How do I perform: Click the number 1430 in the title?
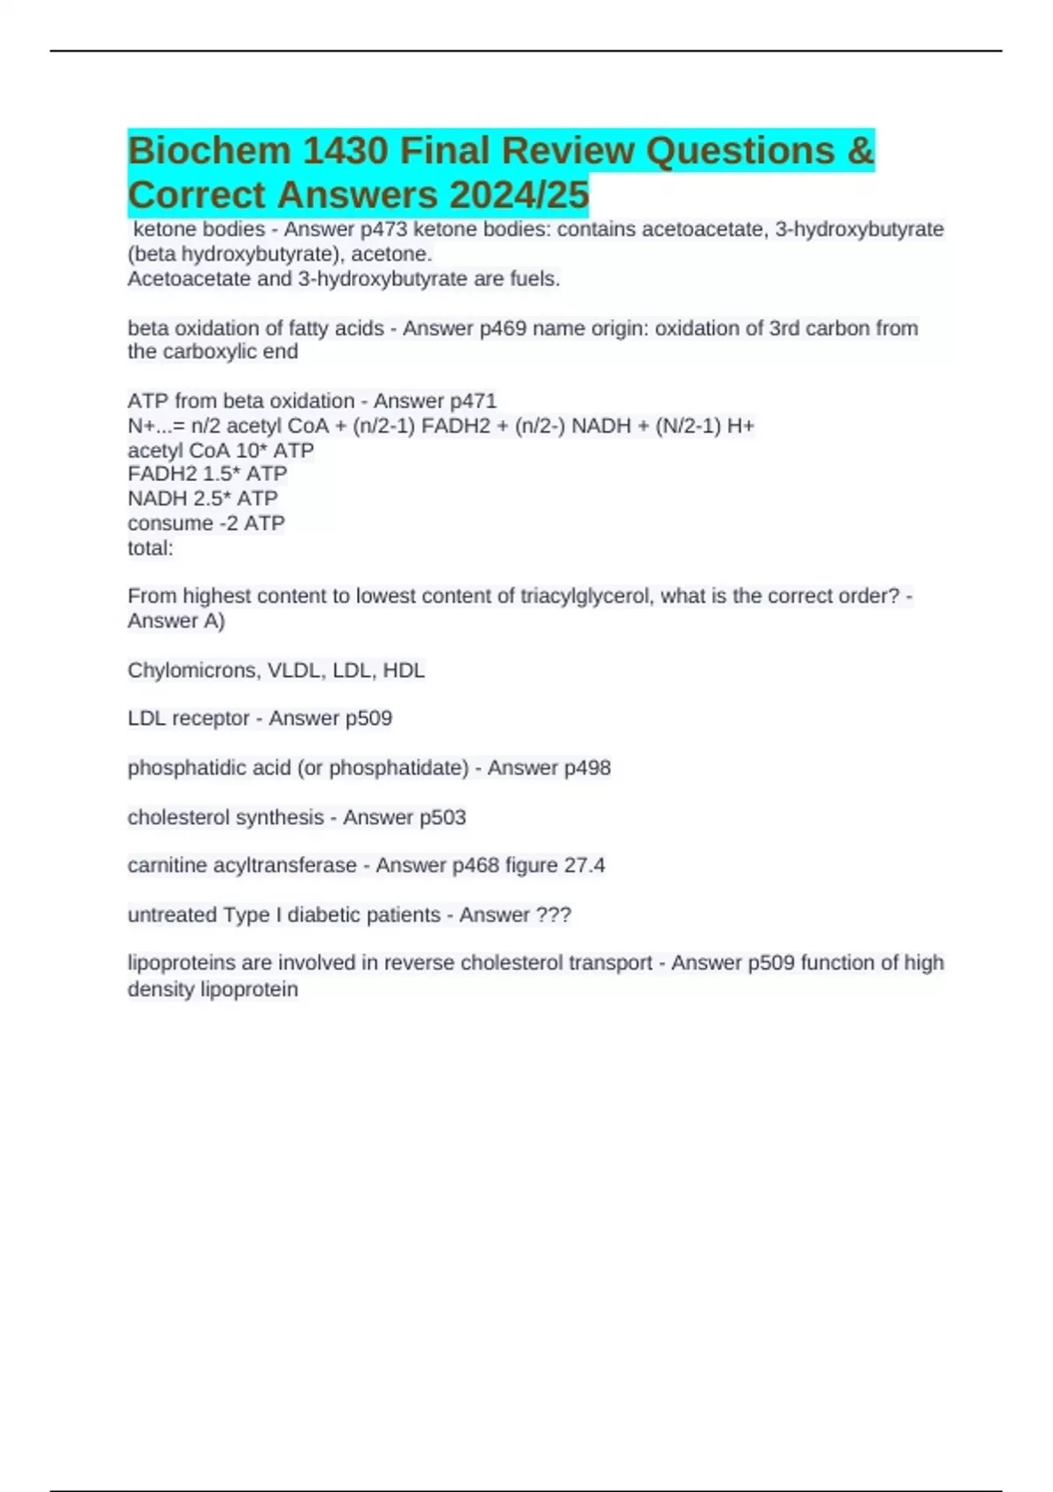click(x=345, y=151)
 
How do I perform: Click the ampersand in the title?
click(x=861, y=151)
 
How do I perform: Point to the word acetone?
click(x=391, y=255)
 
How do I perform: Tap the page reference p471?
click(x=473, y=401)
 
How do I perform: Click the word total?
click(x=150, y=549)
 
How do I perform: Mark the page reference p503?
click(x=442, y=817)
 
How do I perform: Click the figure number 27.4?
click(x=584, y=865)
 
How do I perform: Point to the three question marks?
click(x=552, y=915)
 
